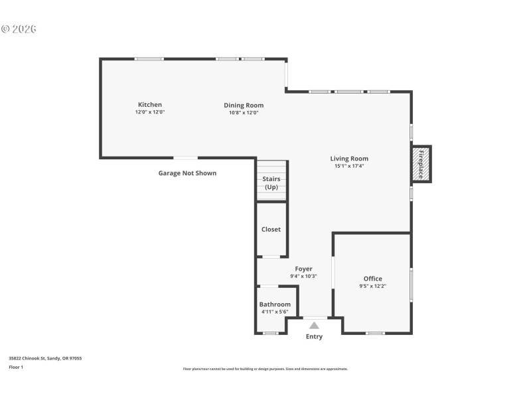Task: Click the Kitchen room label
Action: (x=149, y=105)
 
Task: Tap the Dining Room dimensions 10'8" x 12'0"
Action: (x=243, y=113)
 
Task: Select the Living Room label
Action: (x=349, y=159)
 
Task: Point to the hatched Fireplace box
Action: (x=421, y=164)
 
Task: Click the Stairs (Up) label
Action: (x=271, y=183)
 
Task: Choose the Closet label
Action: (x=271, y=230)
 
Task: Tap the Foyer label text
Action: (x=303, y=269)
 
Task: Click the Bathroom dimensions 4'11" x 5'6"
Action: (x=275, y=312)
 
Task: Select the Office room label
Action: (x=372, y=279)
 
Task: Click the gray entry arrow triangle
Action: (x=314, y=325)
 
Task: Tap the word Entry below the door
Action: (x=314, y=337)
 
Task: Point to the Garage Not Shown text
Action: (x=187, y=173)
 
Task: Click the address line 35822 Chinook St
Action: (x=45, y=358)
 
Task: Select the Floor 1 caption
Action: (x=16, y=367)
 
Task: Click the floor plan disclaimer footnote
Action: (x=265, y=369)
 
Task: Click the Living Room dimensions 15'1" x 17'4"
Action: (x=349, y=166)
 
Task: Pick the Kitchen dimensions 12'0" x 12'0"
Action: (x=149, y=112)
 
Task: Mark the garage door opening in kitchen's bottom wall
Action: (x=185, y=158)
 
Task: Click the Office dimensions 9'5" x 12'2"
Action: (x=372, y=286)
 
